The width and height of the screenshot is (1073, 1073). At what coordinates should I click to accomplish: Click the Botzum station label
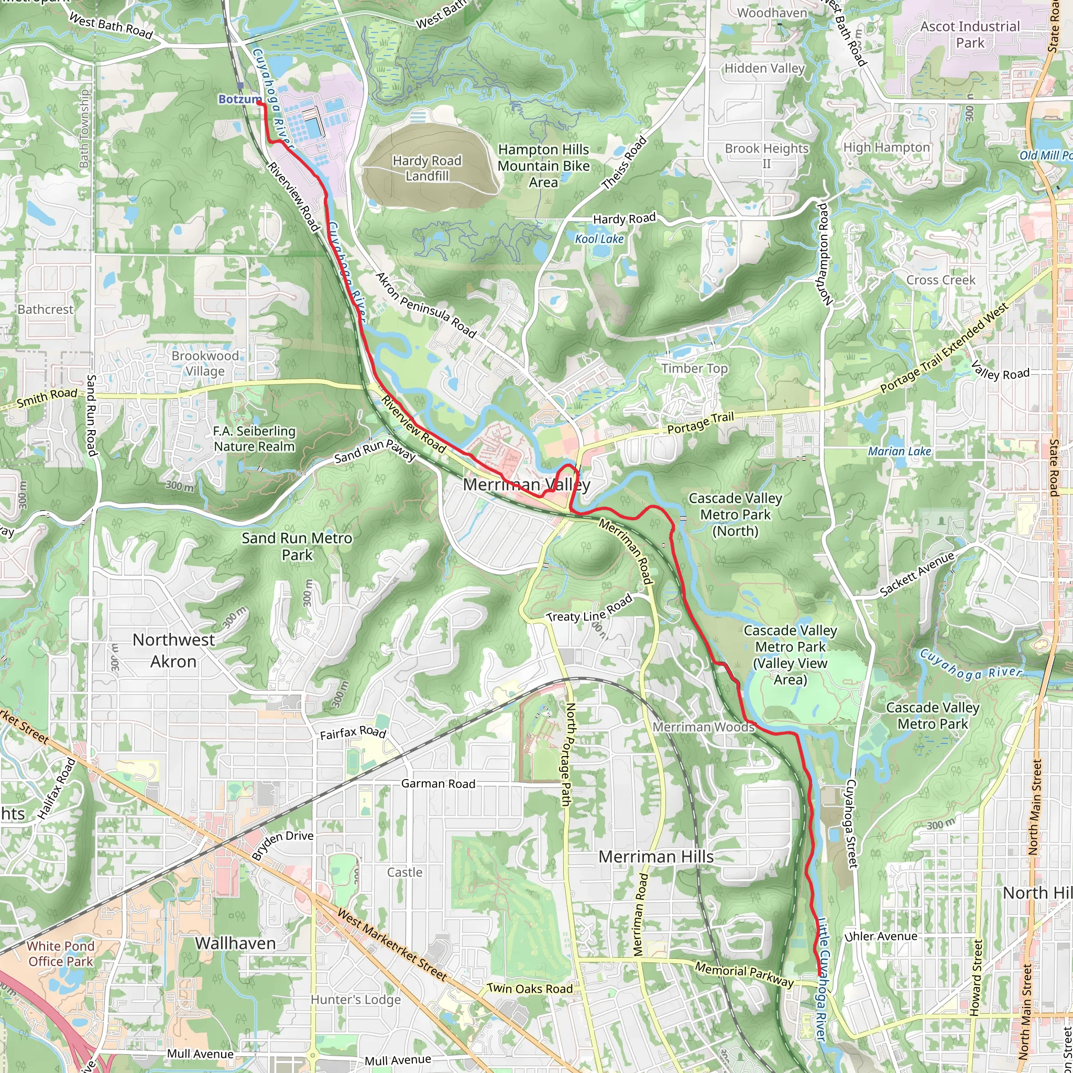[239, 100]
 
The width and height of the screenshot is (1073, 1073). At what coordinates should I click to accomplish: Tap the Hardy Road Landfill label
[426, 168]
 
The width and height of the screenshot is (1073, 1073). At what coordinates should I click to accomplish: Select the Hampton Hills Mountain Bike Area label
[543, 166]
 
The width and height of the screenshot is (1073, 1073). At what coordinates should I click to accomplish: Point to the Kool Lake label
[599, 239]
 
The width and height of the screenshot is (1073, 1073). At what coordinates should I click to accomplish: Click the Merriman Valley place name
[526, 484]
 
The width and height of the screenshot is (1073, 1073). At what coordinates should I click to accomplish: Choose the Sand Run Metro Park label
[297, 546]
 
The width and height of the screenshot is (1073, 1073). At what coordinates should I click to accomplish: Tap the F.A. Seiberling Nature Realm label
[254, 439]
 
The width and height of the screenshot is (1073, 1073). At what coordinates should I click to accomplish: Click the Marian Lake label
[899, 452]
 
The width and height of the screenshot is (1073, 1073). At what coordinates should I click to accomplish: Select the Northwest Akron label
[173, 650]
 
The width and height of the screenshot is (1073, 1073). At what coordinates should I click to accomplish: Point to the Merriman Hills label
[655, 857]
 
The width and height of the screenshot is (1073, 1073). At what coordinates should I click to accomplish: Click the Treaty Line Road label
[589, 609]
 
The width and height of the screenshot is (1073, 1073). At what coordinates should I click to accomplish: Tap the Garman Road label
[438, 784]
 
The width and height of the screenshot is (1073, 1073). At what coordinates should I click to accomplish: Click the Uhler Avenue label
[881, 936]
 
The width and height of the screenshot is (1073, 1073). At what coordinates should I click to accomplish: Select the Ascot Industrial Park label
[970, 35]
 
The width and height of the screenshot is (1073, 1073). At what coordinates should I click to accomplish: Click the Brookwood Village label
[205, 363]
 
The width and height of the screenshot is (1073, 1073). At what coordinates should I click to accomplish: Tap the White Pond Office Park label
[61, 954]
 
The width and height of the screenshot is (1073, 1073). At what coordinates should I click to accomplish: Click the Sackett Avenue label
[917, 574]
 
